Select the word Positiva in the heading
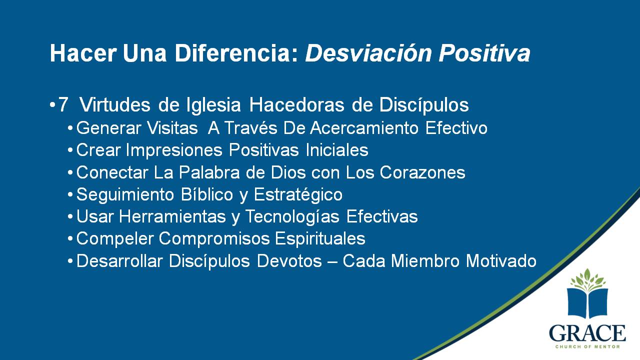(484, 53)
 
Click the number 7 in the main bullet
(63, 105)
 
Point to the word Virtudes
(114, 105)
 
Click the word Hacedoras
(296, 105)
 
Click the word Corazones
(422, 172)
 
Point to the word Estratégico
(298, 195)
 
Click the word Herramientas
(172, 216)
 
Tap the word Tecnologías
(292, 217)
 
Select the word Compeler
(115, 239)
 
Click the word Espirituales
(320, 239)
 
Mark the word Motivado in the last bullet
(501, 261)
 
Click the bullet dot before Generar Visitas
(70, 128)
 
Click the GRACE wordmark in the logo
(587, 333)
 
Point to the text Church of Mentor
(587, 346)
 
